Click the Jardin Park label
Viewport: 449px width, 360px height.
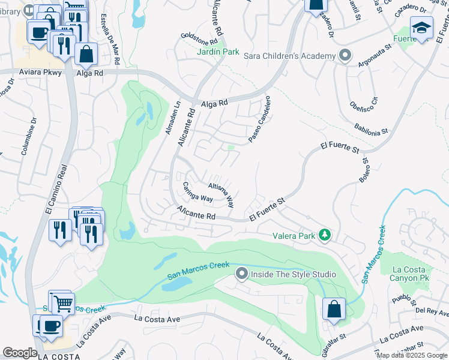click(x=218, y=52)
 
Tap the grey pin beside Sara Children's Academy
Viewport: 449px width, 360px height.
click(x=345, y=56)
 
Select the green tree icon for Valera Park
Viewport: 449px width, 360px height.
click(x=325, y=235)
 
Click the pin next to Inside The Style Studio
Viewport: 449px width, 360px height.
click(x=241, y=274)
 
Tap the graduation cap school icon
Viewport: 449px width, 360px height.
click(x=421, y=28)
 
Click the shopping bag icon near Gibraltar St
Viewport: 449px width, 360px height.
click(x=334, y=310)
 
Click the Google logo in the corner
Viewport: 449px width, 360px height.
click(x=20, y=352)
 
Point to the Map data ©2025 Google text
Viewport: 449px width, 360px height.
click(x=412, y=355)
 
